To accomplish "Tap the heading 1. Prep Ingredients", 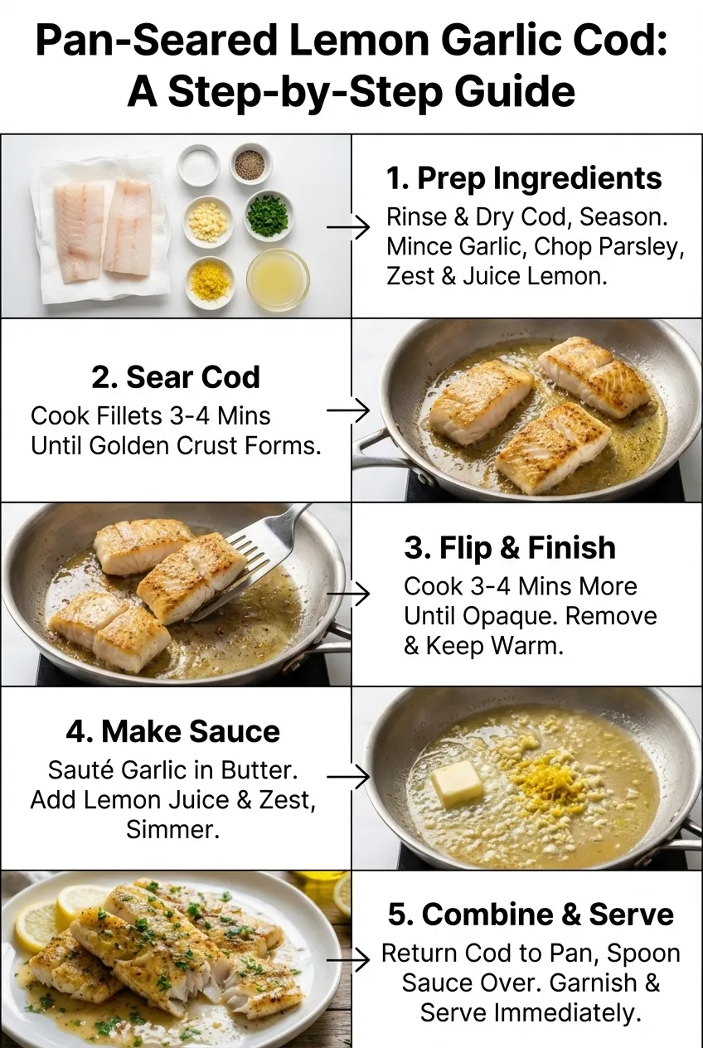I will pos(524,178).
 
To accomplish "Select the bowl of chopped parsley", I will pos(268,215).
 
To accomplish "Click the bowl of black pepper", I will pos(250,164).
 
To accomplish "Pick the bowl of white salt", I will pos(198,165).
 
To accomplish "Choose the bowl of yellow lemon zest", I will pos(210,282).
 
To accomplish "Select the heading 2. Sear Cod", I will pos(176,376).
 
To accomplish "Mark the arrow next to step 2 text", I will pos(347,410).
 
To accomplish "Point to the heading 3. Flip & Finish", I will pos(510,548).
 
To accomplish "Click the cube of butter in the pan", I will pos(457,782).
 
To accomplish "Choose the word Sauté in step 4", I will pos(80,770).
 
